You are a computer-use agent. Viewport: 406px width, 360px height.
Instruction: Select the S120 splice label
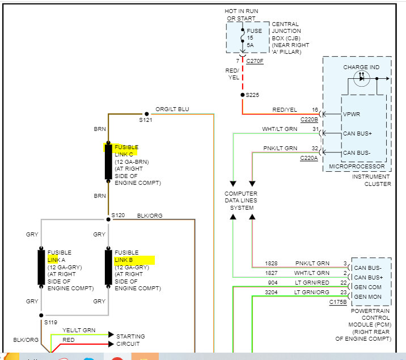click(118, 215)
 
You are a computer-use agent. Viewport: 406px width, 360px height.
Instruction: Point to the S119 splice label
click(51, 323)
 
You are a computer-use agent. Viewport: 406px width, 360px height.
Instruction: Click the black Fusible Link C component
click(108, 161)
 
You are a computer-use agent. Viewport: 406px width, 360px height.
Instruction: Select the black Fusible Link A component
click(41, 266)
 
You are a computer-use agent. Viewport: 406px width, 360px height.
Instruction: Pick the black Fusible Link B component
click(108, 266)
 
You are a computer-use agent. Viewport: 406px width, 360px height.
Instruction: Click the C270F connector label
click(255, 61)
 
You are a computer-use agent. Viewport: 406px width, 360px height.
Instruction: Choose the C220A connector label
click(309, 158)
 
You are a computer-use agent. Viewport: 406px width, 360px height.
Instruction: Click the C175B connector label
click(339, 302)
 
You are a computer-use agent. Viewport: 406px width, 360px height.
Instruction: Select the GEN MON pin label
click(367, 297)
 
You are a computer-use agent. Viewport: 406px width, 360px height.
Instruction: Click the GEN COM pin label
click(367, 287)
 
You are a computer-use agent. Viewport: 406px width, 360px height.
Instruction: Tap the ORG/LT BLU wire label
click(172, 109)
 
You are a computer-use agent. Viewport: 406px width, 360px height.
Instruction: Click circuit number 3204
click(272, 292)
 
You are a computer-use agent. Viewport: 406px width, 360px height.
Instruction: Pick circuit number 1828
click(272, 263)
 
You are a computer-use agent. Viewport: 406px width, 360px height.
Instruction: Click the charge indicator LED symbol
click(361, 78)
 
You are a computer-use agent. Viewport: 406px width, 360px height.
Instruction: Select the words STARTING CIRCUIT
click(130, 340)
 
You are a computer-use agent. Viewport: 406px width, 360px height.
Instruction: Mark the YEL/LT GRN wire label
click(79, 330)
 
